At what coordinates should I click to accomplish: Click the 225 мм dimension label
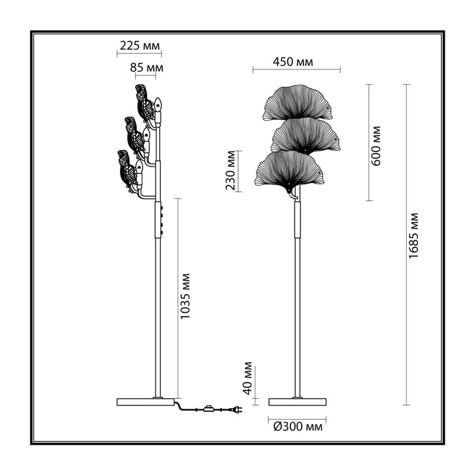(140, 46)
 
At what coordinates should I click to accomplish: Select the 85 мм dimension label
(147, 68)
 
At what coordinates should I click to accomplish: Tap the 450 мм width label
(293, 62)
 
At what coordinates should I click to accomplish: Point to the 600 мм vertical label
(376, 145)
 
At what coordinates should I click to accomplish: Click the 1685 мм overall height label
(413, 236)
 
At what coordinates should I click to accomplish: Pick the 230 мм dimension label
(230, 170)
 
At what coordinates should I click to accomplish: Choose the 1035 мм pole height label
(185, 296)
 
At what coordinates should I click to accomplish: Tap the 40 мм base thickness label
(248, 378)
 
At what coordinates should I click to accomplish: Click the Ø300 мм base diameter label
(298, 427)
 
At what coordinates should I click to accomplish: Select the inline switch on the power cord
(208, 409)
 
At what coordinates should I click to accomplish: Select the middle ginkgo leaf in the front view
(305, 135)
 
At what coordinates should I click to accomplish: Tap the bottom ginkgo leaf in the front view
(289, 170)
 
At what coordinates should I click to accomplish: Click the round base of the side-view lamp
(145, 402)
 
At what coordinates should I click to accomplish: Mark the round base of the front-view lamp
(297, 402)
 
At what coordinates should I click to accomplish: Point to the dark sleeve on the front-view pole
(298, 220)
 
